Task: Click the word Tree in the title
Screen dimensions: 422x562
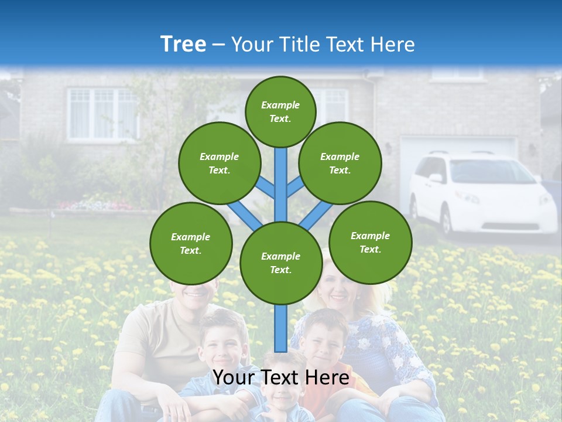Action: (183, 45)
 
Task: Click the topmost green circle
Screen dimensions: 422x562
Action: (280, 111)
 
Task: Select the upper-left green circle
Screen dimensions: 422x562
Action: (220, 163)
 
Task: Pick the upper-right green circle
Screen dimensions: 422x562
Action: (340, 163)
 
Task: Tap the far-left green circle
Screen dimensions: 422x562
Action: (191, 243)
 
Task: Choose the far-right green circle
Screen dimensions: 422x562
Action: (371, 242)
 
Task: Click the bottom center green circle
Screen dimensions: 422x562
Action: (281, 263)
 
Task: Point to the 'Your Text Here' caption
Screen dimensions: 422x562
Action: (281, 377)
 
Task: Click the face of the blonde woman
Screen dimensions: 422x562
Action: (337, 287)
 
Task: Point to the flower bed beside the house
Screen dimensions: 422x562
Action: (97, 205)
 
